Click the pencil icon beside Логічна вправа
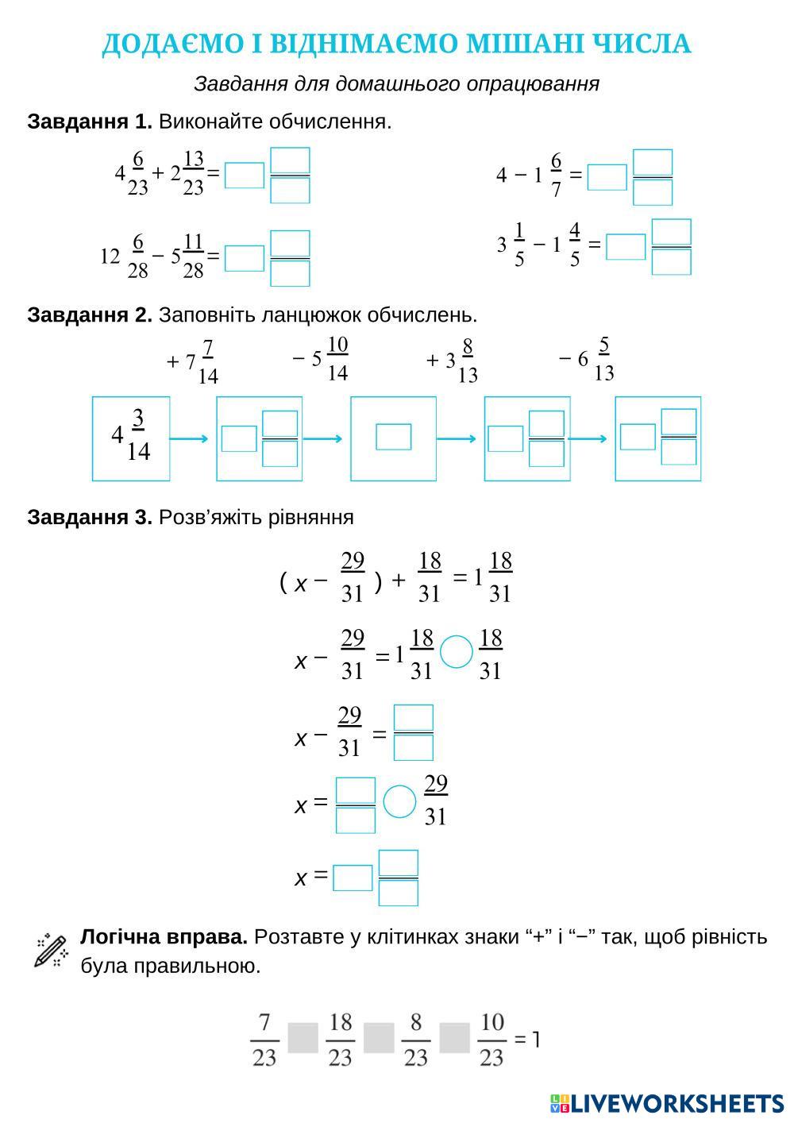pyautogui.click(x=51, y=951)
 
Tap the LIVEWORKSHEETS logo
pyautogui.click(x=666, y=1103)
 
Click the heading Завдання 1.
pyautogui.click(x=89, y=122)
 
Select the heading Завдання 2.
pyautogui.click(x=89, y=315)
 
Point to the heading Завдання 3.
pyautogui.click(x=89, y=518)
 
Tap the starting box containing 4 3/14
pyautogui.click(x=131, y=438)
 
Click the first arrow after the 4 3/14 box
pyautogui.click(x=190, y=438)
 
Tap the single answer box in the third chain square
pyautogui.click(x=393, y=437)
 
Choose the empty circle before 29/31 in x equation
pyautogui.click(x=399, y=801)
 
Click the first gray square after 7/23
pyautogui.click(x=303, y=1038)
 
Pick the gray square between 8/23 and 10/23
pyautogui.click(x=454, y=1038)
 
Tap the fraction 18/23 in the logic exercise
pyautogui.click(x=340, y=1039)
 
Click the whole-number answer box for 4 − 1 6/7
pyautogui.click(x=607, y=177)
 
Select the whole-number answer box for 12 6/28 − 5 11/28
pyautogui.click(x=245, y=258)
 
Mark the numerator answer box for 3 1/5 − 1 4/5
pyautogui.click(x=671, y=232)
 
